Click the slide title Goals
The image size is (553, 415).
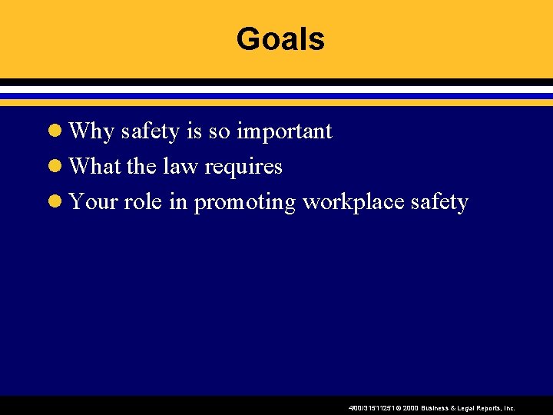click(x=280, y=39)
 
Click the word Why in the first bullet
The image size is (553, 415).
click(x=91, y=132)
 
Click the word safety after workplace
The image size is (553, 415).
click(x=439, y=203)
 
